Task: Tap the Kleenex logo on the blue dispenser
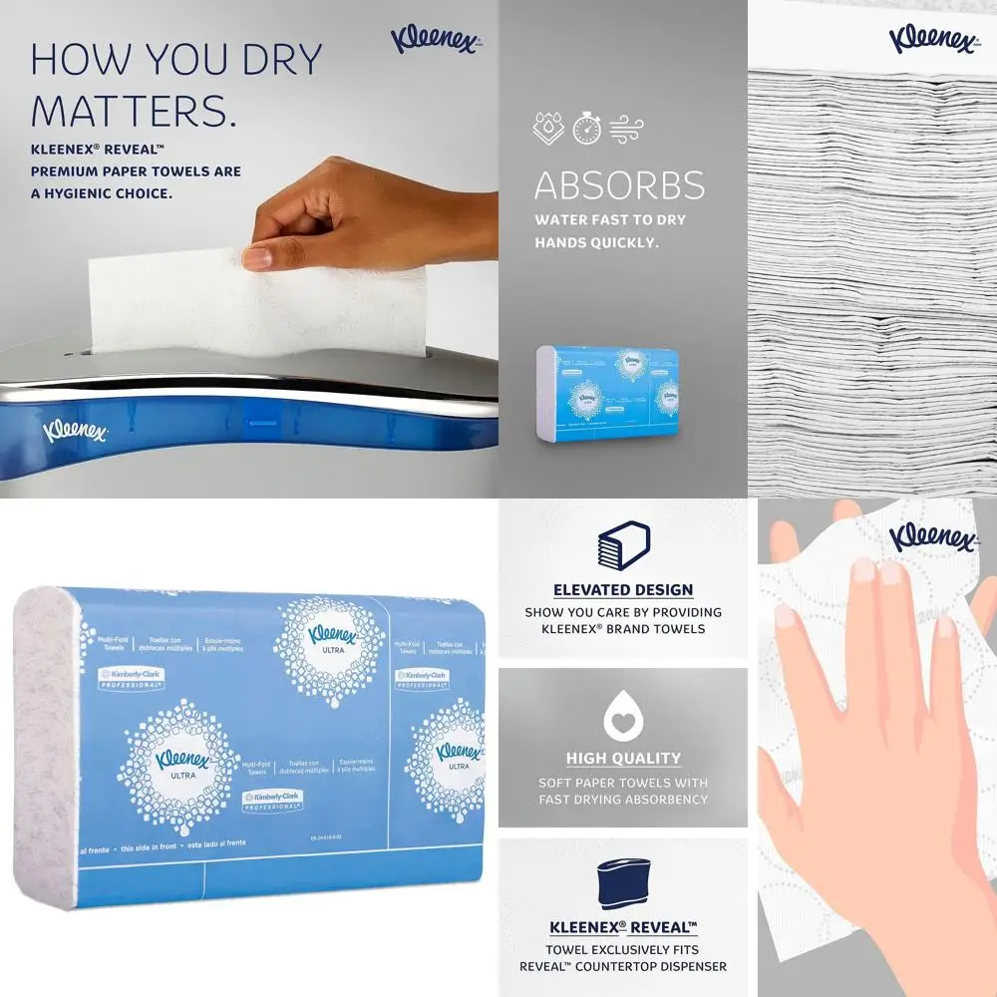tap(75, 431)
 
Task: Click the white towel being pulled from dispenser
tap(259, 299)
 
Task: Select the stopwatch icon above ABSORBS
tap(586, 128)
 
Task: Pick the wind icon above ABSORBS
tap(627, 128)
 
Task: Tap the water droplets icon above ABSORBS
tap(548, 128)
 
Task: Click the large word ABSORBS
tap(619, 185)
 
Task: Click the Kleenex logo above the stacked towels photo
tap(932, 39)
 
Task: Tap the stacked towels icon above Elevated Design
tap(623, 545)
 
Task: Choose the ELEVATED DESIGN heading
tap(623, 590)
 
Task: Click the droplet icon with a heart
tap(623, 715)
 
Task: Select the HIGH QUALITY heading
tap(623, 759)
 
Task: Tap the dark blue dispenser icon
tap(623, 883)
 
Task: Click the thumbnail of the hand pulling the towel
tap(249, 249)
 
